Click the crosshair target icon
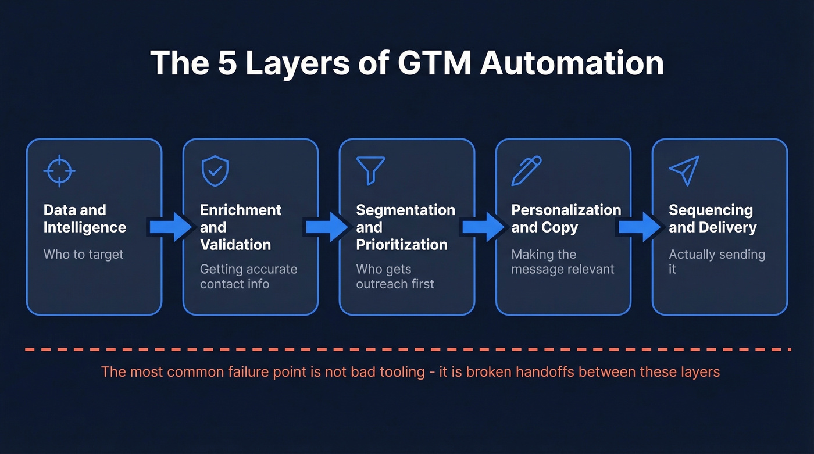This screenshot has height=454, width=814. [59, 170]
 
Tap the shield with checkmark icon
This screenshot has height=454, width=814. [215, 170]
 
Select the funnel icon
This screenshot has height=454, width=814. [370, 170]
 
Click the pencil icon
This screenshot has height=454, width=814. [526, 170]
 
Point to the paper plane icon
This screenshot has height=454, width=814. [684, 170]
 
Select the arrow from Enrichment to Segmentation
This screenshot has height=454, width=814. [327, 227]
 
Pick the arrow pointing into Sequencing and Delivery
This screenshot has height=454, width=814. [640, 227]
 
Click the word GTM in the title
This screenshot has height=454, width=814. [435, 63]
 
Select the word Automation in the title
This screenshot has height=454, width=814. [572, 63]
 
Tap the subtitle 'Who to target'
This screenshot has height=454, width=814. [83, 254]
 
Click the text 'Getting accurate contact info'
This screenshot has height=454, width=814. [248, 276]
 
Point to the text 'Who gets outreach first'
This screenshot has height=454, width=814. [395, 276]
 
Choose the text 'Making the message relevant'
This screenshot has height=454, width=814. [562, 262]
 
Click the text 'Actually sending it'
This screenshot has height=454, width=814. [716, 261]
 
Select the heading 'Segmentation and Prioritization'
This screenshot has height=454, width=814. [405, 227]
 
